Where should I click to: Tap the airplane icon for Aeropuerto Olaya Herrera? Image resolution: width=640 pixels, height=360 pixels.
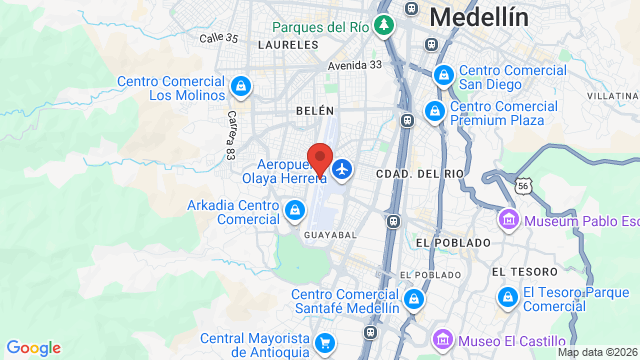pos(343,169)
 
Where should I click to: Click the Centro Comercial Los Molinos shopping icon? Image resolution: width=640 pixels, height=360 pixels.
pos(240,86)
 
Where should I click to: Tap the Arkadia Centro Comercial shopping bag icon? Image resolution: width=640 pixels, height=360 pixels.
pos(295,210)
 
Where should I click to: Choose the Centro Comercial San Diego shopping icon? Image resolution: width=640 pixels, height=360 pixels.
pos(443,74)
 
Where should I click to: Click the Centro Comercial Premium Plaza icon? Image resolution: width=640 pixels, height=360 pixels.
pos(435,111)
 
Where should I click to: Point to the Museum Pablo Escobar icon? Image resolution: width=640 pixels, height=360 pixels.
pos(508,219)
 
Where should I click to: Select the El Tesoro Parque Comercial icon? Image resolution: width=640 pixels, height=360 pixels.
pos(508,297)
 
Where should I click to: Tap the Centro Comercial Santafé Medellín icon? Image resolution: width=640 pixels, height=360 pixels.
pos(413,297)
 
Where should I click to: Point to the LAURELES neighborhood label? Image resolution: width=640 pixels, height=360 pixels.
pos(287,45)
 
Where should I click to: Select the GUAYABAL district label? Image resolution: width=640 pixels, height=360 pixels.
pos(329,234)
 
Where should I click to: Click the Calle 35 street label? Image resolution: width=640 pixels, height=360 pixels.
pos(219,38)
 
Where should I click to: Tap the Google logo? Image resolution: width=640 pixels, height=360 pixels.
pos(33,347)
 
